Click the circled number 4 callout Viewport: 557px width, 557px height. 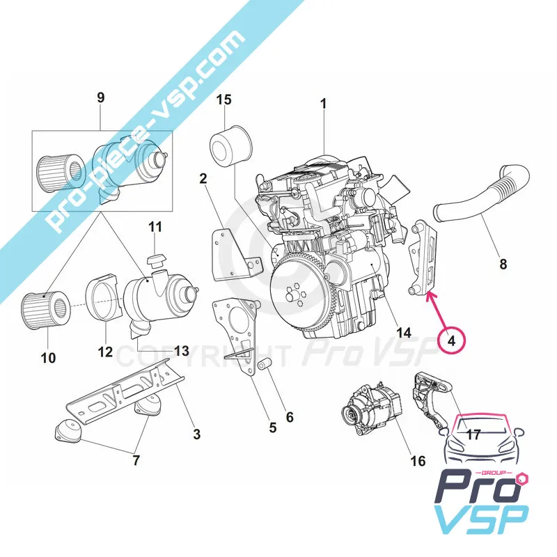pos(451,341)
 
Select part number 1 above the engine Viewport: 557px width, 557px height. pos(323,104)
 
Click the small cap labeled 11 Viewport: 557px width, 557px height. pos(155,261)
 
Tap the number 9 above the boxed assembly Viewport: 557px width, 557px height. pos(101,97)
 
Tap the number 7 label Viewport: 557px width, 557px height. pos(136,460)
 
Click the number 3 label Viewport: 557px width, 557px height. pos(197,434)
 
